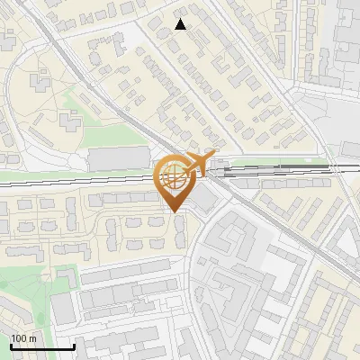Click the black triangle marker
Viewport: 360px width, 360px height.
point(181,24)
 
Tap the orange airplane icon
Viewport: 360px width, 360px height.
point(197,163)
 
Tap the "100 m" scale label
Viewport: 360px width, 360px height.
point(23,338)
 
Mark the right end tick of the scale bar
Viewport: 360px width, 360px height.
point(74,346)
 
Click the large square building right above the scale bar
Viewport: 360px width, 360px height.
point(63,309)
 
